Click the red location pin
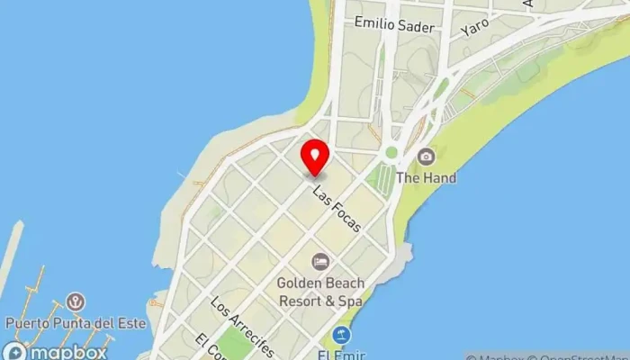tap(314, 157)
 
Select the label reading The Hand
tap(426, 178)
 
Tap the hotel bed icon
tap(319, 262)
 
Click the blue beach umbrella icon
tap(340, 336)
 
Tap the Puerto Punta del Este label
tap(75, 322)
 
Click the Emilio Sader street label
tap(394, 25)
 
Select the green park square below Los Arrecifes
tap(237, 345)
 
